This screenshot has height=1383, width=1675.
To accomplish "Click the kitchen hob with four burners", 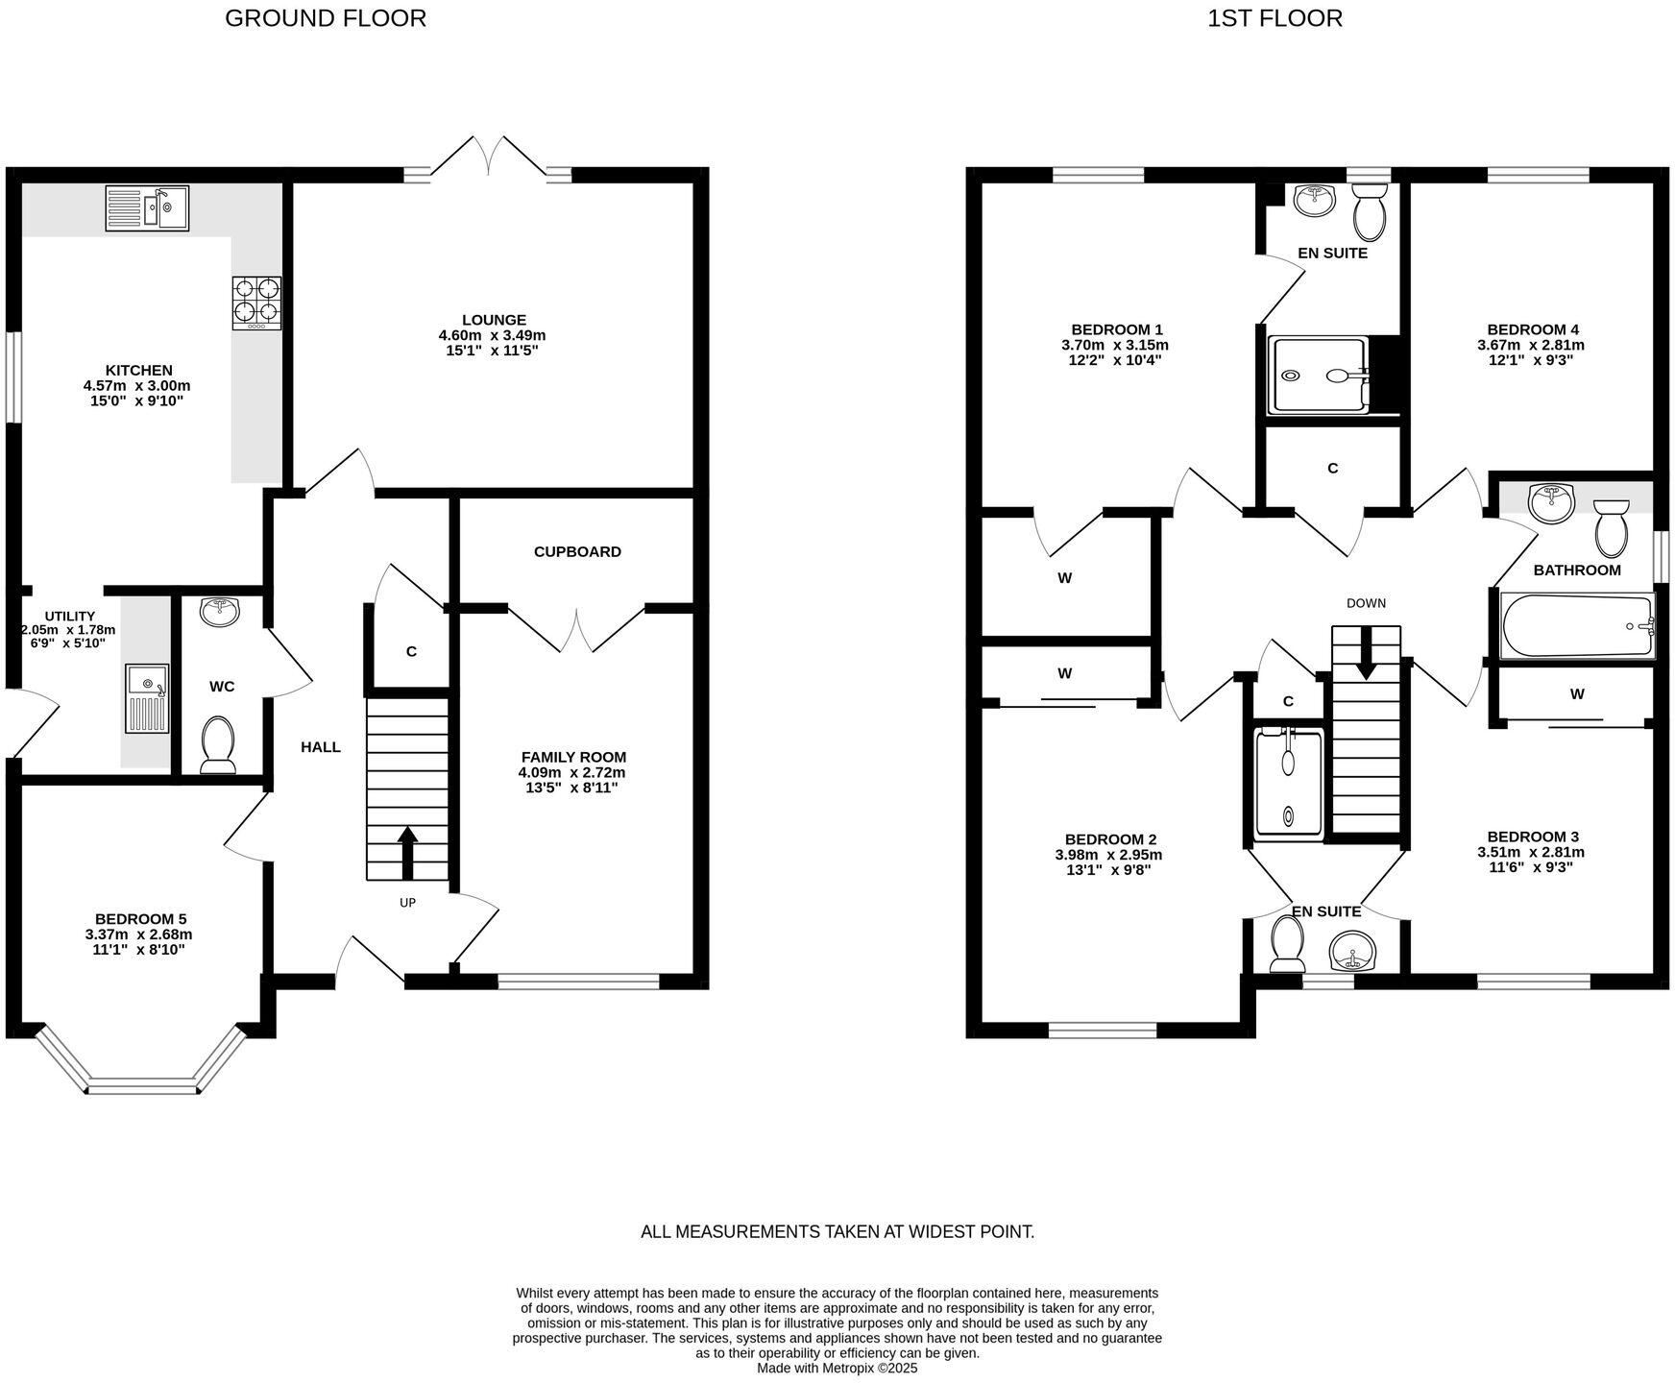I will click(x=256, y=303).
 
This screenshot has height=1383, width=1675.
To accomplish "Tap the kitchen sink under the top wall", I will click(x=149, y=208).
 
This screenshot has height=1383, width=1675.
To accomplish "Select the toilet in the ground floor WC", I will click(x=219, y=745).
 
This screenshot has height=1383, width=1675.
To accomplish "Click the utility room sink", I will click(x=147, y=698).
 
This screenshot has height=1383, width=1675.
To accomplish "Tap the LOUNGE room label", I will click(x=494, y=320).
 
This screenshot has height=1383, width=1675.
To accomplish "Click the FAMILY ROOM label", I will click(x=573, y=757).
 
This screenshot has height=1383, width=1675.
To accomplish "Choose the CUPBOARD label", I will click(x=577, y=551).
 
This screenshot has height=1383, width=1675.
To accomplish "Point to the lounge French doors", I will click(x=500, y=158).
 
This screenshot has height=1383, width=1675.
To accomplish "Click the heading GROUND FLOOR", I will click(x=326, y=18).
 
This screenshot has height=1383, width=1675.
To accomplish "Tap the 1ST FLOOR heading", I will click(x=1274, y=18).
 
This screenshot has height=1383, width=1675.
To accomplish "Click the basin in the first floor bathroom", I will click(x=1550, y=502).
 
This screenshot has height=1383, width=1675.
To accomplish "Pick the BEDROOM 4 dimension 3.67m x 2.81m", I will click(x=1531, y=345).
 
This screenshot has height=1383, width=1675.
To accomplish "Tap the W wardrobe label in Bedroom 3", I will click(x=1577, y=693).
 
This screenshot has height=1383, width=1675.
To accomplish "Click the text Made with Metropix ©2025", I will click(x=837, y=1368).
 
